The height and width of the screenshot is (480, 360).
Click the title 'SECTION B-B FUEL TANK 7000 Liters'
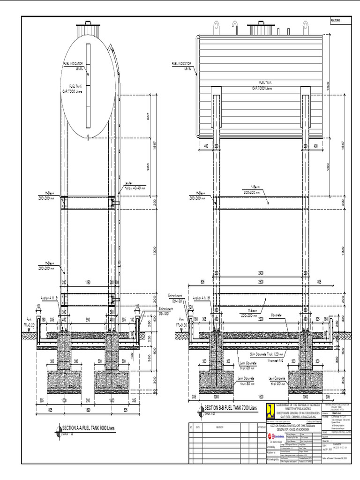[x=230, y=408]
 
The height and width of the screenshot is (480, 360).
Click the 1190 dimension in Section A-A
[x=88, y=283]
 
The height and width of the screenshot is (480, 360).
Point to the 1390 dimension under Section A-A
[x=88, y=409]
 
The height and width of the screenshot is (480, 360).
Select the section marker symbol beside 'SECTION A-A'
[x=58, y=428]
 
